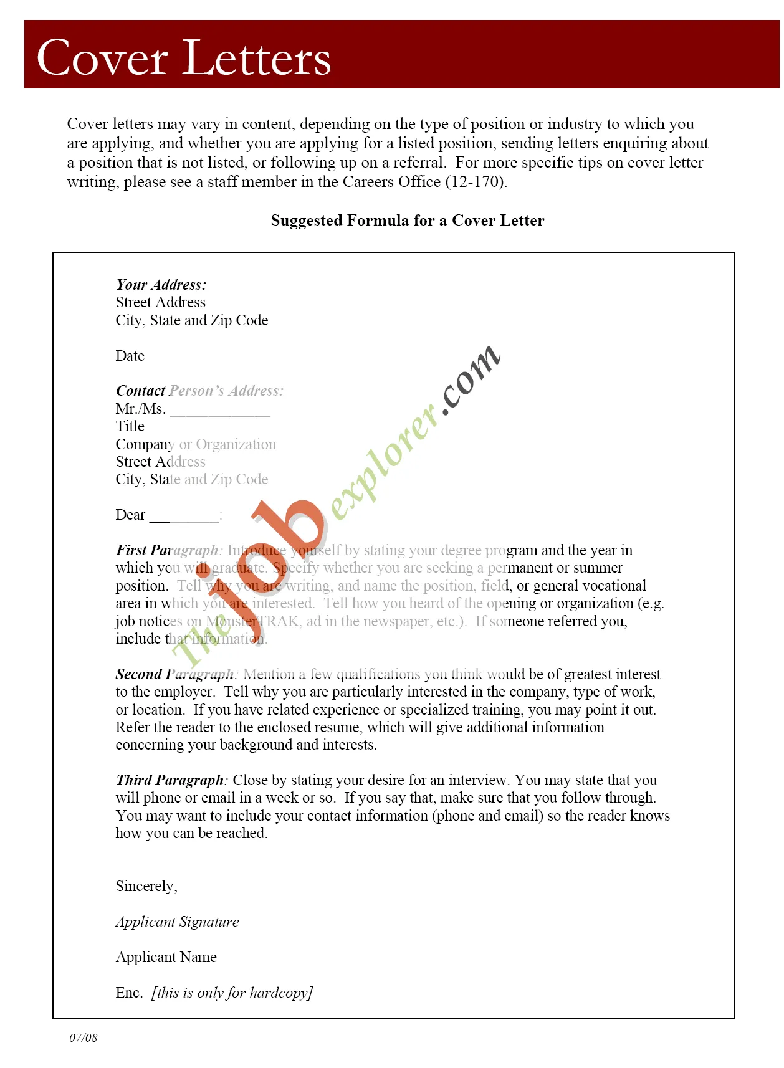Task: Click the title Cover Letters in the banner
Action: (x=184, y=58)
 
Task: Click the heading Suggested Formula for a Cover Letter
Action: (x=407, y=221)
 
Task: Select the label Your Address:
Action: (x=161, y=285)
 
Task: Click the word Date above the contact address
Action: (x=130, y=356)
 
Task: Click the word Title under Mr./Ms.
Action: (x=130, y=426)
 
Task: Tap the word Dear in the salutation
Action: (x=130, y=515)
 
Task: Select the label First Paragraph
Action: (x=167, y=550)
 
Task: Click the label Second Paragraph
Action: (x=175, y=674)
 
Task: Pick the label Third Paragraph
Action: (x=170, y=780)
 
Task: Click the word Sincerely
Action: (x=146, y=886)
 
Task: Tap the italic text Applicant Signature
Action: (x=177, y=922)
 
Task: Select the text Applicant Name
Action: (x=166, y=957)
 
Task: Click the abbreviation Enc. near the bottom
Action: (x=129, y=993)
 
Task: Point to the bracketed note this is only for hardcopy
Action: (x=232, y=993)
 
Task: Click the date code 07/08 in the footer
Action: (x=83, y=1037)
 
